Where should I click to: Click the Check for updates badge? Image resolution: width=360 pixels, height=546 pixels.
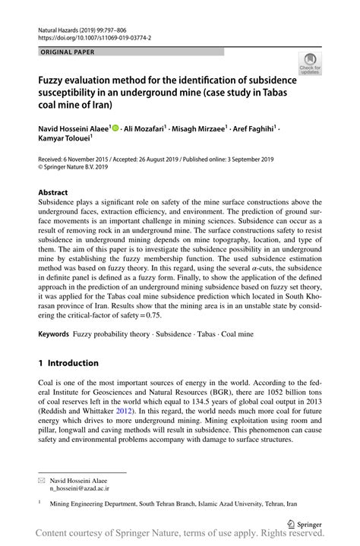(x=310, y=63)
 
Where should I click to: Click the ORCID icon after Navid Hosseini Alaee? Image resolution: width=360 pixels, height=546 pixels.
(x=115, y=129)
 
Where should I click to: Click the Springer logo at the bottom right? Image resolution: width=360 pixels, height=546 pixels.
(x=304, y=524)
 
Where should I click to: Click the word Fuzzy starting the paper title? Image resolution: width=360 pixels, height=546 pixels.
(x=52, y=80)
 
